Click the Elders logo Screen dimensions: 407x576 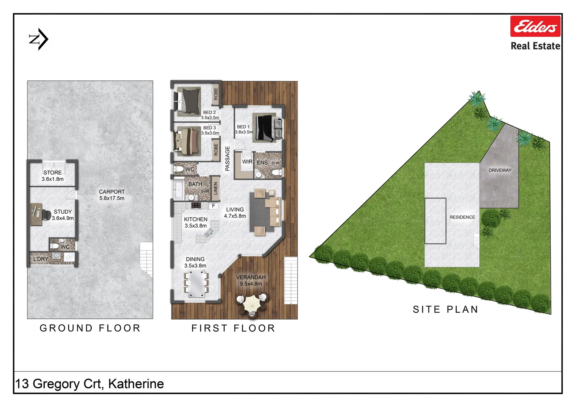pyautogui.click(x=535, y=26)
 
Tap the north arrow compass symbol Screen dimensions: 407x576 pyautogui.click(x=39, y=39)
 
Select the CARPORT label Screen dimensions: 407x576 pyautogui.click(x=112, y=192)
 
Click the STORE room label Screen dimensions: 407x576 pyautogui.click(x=52, y=173)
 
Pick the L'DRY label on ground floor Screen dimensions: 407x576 pyautogui.click(x=41, y=259)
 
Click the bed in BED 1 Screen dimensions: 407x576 pyautogui.click(x=265, y=127)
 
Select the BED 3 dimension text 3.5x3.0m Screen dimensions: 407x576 pyautogui.click(x=210, y=133)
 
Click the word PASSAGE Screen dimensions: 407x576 pyautogui.click(x=227, y=159)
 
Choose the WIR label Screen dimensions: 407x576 pyautogui.click(x=247, y=162)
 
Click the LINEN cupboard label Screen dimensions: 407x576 pyautogui.click(x=216, y=188)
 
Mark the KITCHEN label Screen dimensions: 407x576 pyautogui.click(x=196, y=219)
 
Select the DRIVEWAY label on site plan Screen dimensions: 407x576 pyautogui.click(x=500, y=170)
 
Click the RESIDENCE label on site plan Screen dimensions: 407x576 pyautogui.click(x=462, y=217)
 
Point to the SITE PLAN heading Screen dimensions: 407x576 pyautogui.click(x=446, y=309)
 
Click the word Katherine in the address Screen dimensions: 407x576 pyautogui.click(x=136, y=384)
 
